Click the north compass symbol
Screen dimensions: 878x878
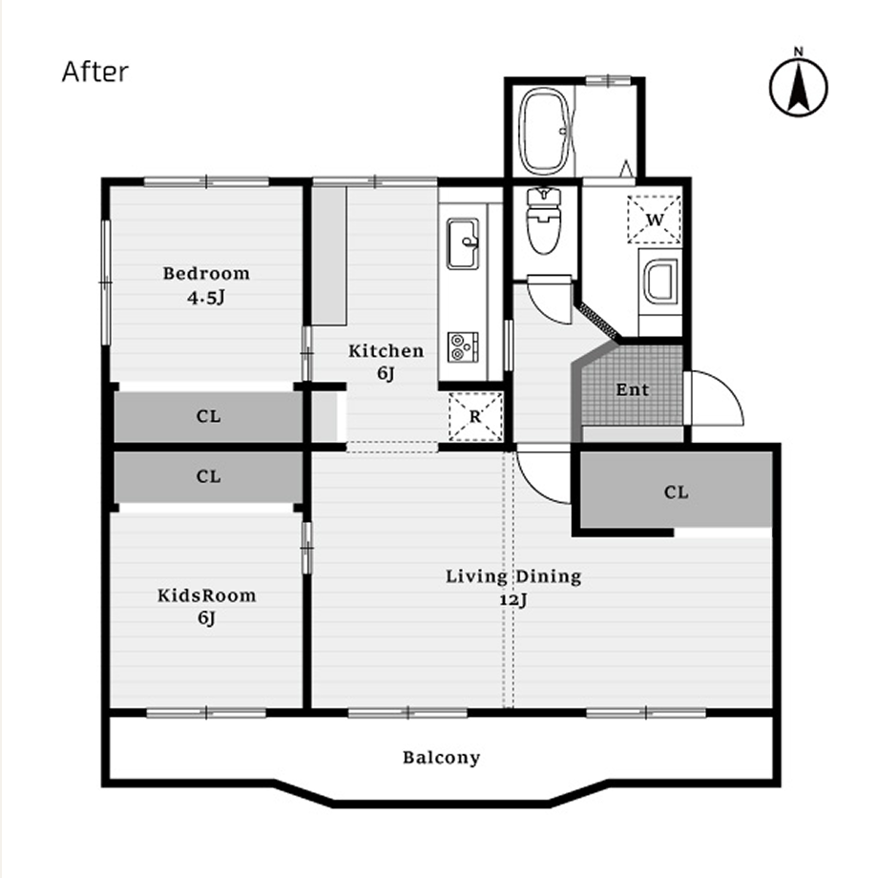[x=799, y=87]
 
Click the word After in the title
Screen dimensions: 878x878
[x=95, y=72]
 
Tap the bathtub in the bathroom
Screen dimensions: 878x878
[x=544, y=131]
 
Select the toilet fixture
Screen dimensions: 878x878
[x=544, y=220]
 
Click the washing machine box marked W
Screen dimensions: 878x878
[x=654, y=219]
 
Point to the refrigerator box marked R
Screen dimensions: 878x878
[x=475, y=416]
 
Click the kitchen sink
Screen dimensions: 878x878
[x=463, y=243]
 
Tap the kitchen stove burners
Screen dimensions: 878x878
[x=463, y=346]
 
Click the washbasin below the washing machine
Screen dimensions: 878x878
[x=660, y=282]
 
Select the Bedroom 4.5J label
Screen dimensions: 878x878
[x=207, y=285]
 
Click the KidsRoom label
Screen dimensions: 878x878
[x=207, y=596]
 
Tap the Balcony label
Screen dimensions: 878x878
[x=441, y=758]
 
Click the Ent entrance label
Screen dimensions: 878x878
[x=633, y=389]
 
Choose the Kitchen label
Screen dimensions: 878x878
[x=386, y=351]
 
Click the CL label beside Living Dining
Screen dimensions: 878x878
[x=676, y=492]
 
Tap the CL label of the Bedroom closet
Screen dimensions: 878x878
[x=208, y=416]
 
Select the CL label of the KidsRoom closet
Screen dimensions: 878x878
[x=208, y=476]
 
